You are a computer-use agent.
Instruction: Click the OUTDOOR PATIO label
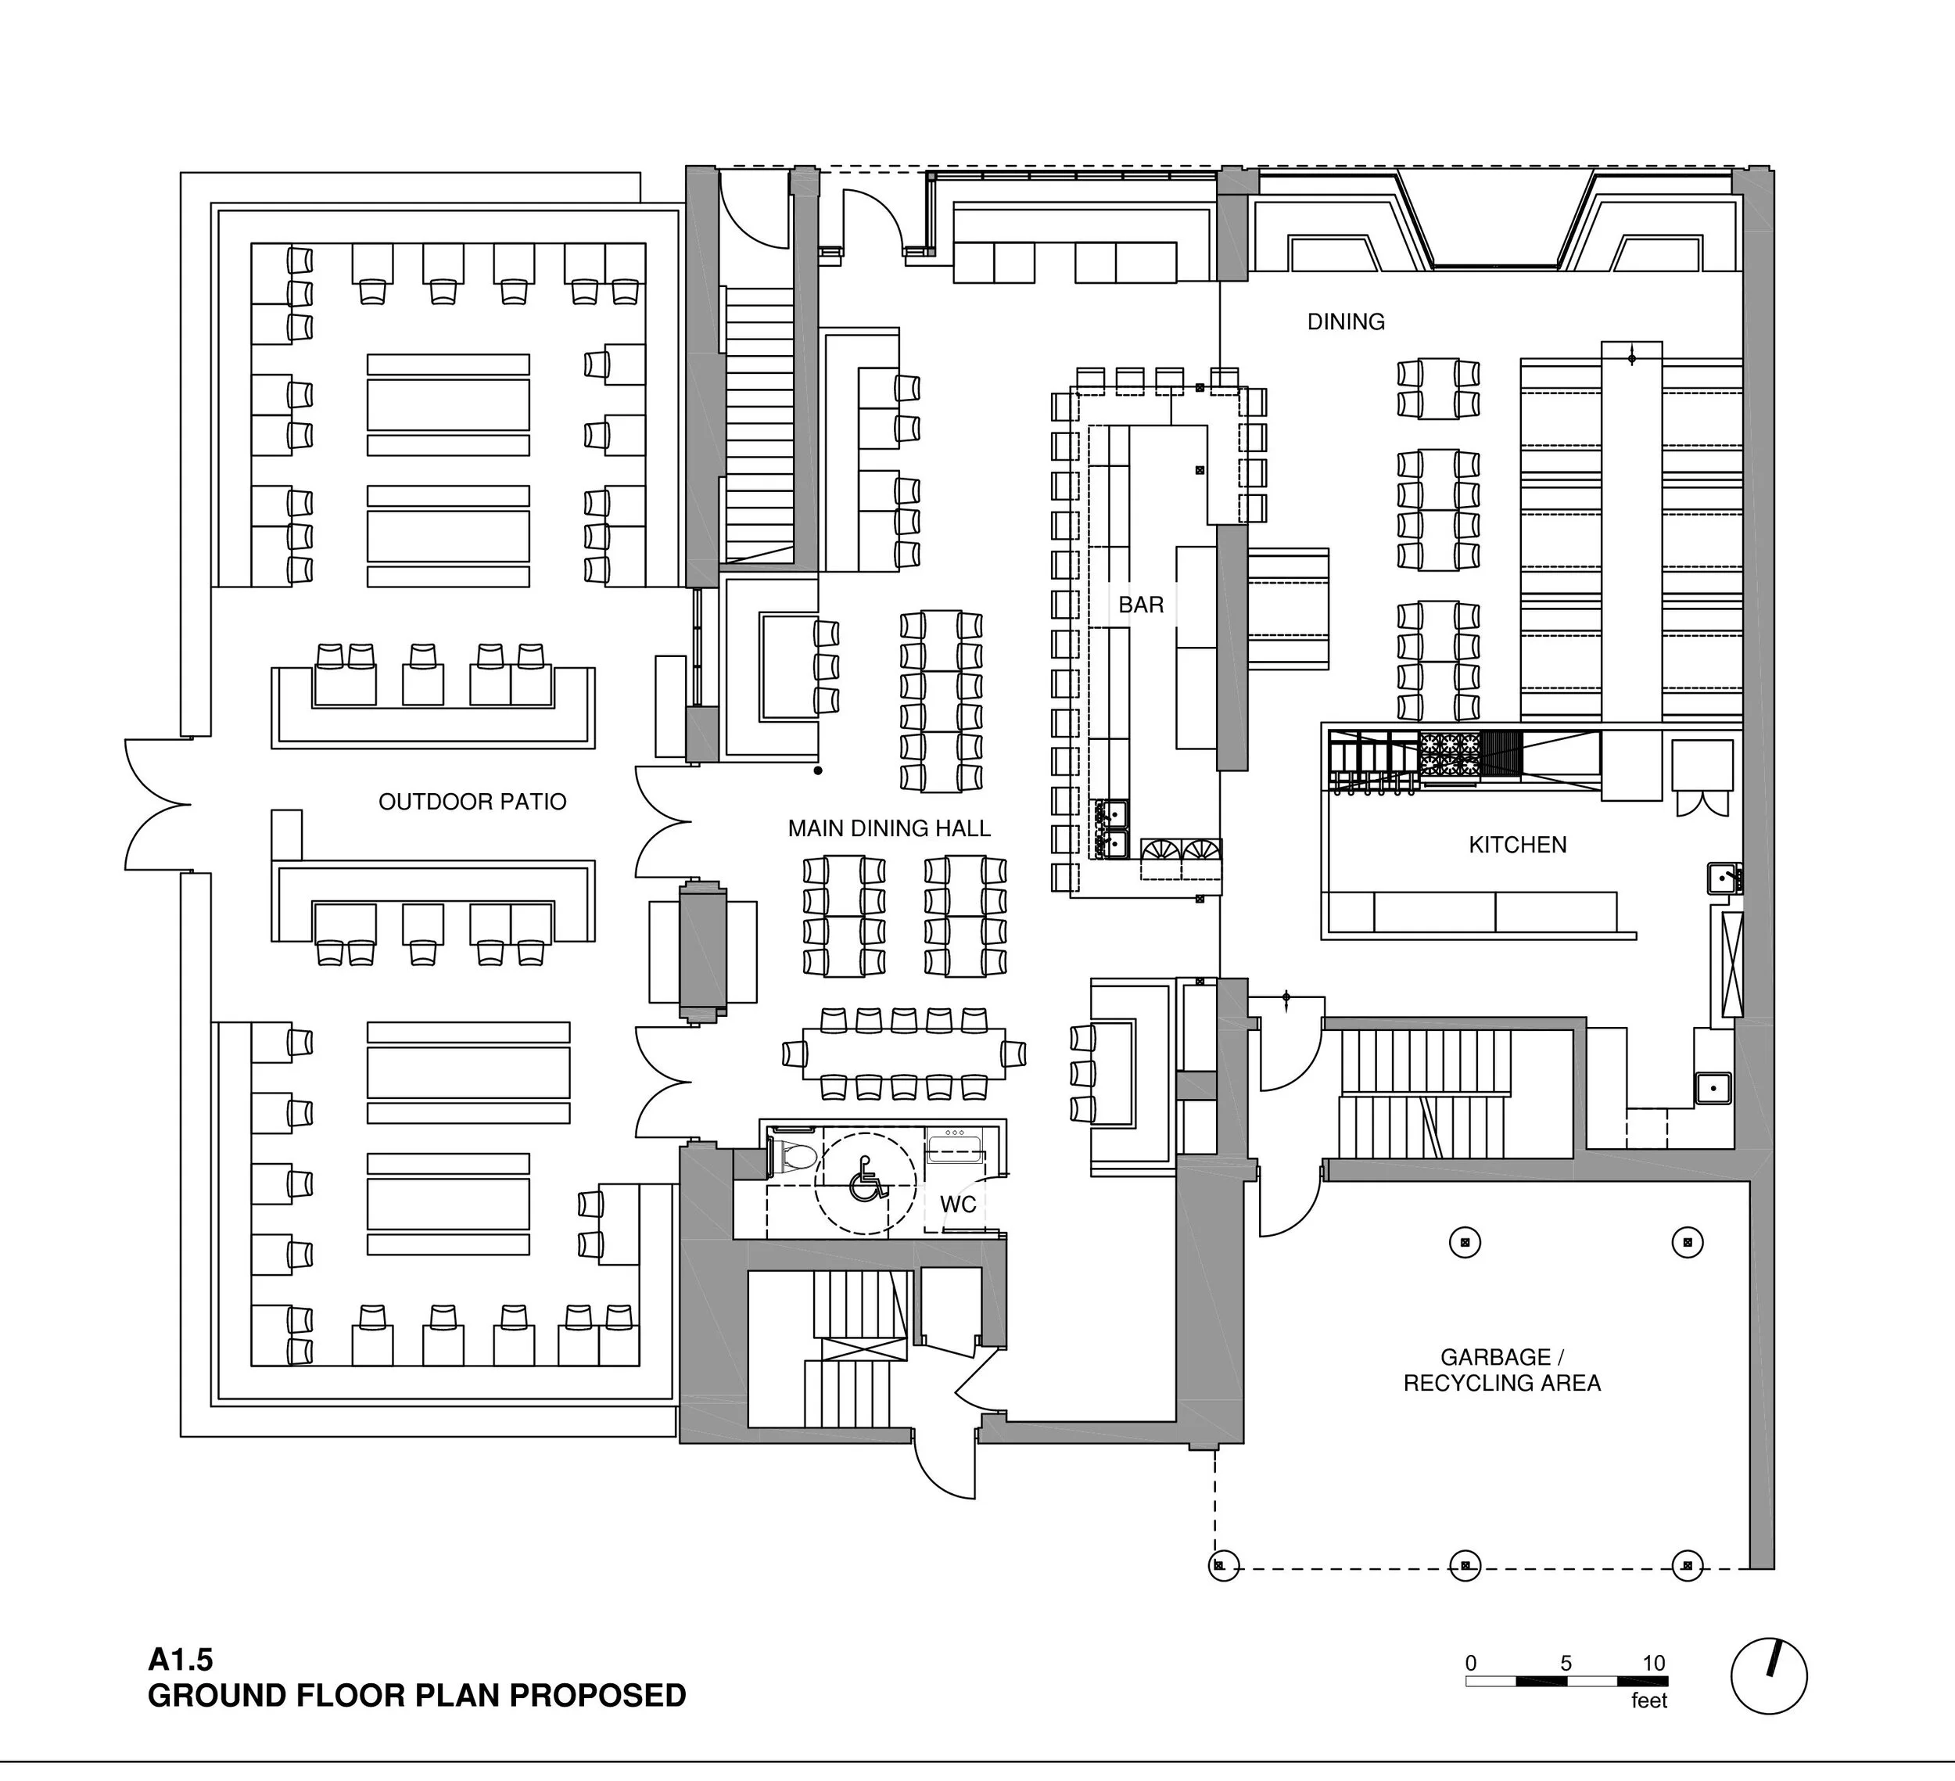pos(472,801)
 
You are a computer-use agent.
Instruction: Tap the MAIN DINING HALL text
pos(888,828)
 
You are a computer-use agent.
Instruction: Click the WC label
pos(957,1204)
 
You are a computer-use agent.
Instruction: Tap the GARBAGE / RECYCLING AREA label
pos(1501,1370)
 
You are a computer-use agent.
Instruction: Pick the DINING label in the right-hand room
pos(1345,322)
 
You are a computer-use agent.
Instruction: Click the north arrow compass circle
pos(1769,1677)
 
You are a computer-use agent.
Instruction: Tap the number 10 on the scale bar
pos(1653,1663)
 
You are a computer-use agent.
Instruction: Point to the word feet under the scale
pos(1648,1700)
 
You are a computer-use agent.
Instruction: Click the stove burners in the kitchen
pos(1449,755)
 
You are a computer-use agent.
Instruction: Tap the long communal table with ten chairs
pos(903,1054)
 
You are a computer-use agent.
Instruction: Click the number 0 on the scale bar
pos(1471,1663)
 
